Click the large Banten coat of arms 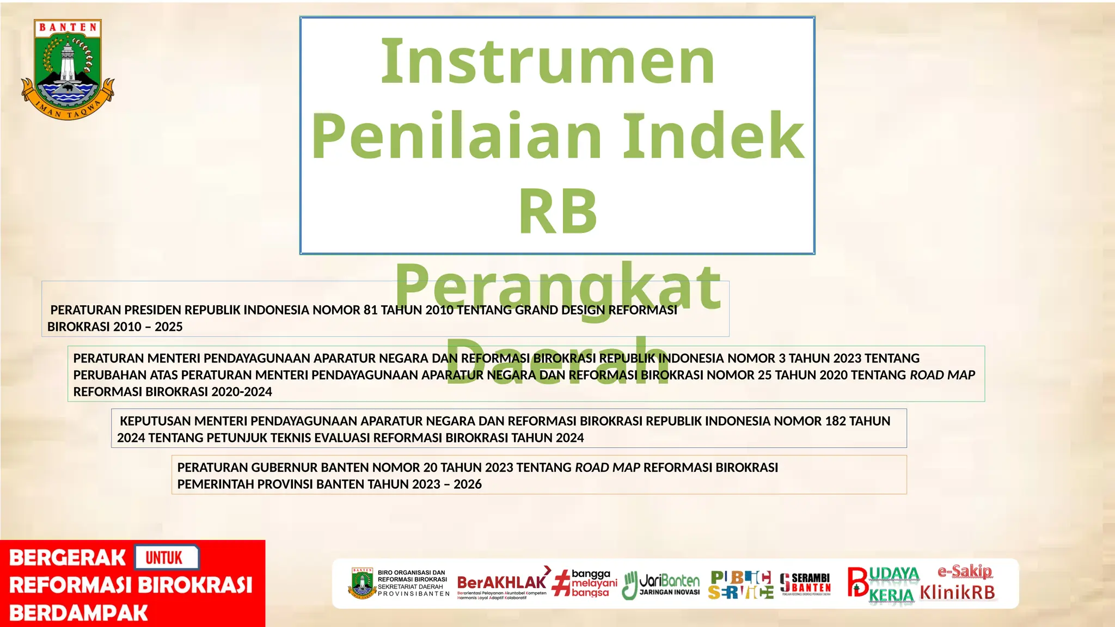click(68, 70)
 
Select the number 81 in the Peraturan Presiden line click(370, 310)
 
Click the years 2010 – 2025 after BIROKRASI click(148, 327)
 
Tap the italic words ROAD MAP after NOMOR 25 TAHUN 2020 click(942, 375)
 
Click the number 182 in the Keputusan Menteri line click(835, 421)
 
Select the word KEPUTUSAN click(155, 421)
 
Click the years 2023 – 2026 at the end click(447, 484)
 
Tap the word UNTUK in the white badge click(164, 558)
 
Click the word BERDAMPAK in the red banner click(78, 613)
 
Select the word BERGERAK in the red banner click(68, 558)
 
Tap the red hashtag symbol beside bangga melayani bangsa click(561, 583)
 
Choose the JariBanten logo click(661, 585)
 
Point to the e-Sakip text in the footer click(964, 571)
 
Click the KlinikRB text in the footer click(958, 592)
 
